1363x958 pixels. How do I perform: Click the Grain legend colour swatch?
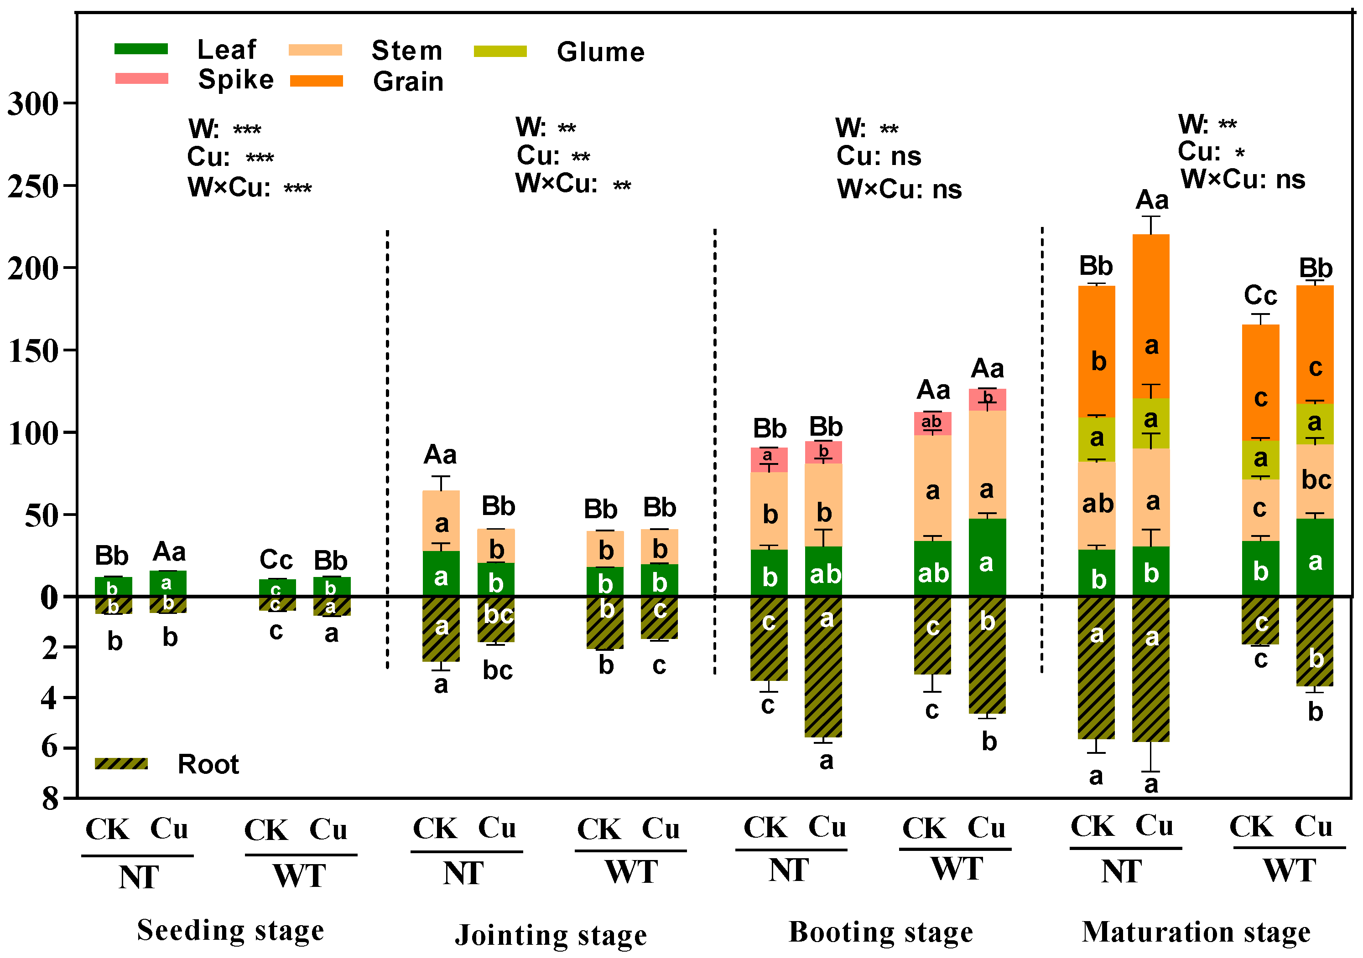coord(317,81)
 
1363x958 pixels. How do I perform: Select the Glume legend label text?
coord(600,52)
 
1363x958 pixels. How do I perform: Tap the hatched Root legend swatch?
coord(121,763)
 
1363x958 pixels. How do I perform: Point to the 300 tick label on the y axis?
coord(33,104)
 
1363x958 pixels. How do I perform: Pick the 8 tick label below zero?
coord(51,799)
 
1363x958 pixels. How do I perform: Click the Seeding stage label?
coord(230,930)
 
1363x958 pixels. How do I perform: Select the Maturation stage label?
coord(1196,931)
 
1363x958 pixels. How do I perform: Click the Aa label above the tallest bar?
coord(1152,200)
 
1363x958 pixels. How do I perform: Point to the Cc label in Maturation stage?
coord(1260,295)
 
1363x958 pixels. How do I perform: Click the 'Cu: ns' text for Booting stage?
coord(879,156)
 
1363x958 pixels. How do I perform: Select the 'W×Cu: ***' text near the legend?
coord(250,187)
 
